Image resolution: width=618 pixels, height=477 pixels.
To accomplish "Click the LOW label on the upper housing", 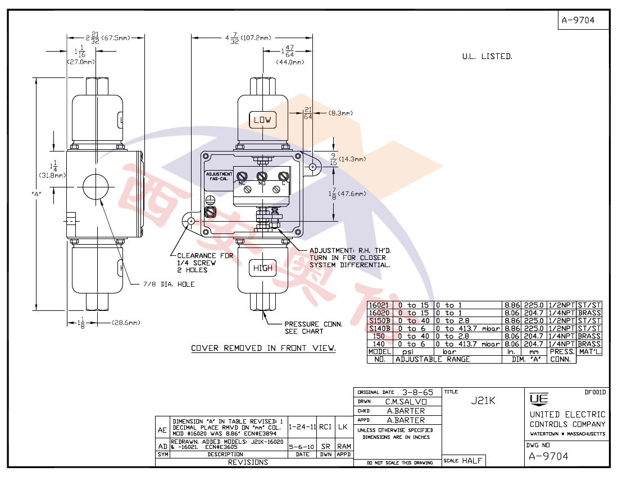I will click(x=262, y=120).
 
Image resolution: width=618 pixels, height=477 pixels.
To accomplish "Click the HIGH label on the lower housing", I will click(x=262, y=268).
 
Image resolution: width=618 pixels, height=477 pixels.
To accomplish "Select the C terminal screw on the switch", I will click(x=284, y=176).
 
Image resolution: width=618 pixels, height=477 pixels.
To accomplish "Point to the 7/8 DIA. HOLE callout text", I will click(x=169, y=285).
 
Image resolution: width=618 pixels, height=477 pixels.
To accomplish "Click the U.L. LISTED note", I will click(x=487, y=57).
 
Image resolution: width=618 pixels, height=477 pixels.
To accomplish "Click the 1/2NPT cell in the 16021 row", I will click(x=561, y=305).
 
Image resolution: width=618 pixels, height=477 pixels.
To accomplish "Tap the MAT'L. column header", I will click(x=590, y=352).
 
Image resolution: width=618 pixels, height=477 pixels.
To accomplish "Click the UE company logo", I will click(x=537, y=398).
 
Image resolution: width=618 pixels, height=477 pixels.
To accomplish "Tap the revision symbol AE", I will click(x=162, y=430).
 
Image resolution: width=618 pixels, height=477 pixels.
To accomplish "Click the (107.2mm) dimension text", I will click(x=256, y=38).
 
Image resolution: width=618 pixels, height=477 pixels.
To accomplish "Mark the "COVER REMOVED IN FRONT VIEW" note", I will click(x=263, y=348).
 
